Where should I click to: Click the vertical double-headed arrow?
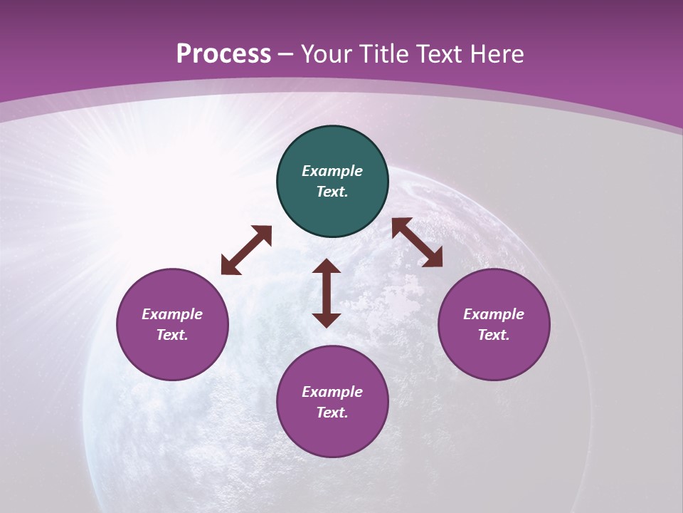[x=327, y=293]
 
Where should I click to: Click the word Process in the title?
[x=223, y=53]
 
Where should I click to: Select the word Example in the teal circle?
[x=332, y=171]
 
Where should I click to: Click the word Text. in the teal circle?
[x=332, y=192]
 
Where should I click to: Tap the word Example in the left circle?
[x=172, y=314]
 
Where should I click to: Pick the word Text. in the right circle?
[x=494, y=335]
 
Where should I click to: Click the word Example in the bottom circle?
[x=332, y=392]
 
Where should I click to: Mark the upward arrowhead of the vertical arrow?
[x=327, y=266]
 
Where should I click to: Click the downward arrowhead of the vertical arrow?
[x=327, y=320]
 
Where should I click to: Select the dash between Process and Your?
[x=286, y=54]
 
